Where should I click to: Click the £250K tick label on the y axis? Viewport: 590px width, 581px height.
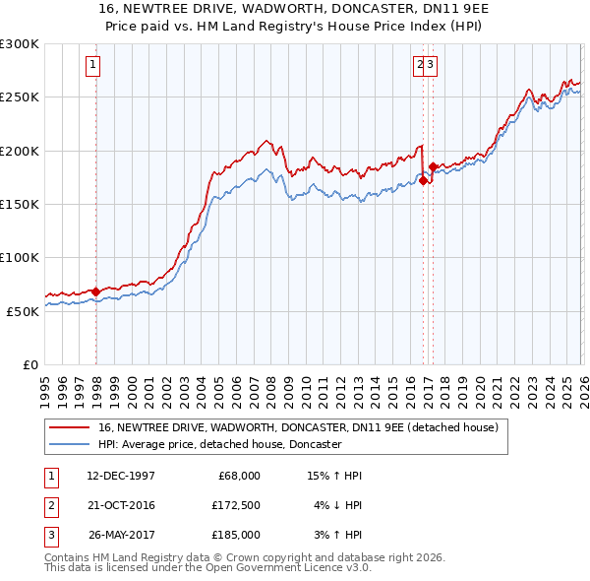[20, 97]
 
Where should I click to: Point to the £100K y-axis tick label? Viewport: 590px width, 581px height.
[20, 257]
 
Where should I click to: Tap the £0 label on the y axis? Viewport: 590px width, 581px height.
[29, 364]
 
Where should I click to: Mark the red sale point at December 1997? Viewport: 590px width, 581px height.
[95, 291]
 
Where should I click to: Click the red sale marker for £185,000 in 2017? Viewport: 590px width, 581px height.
[433, 167]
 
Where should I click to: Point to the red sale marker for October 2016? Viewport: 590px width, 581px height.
[423, 180]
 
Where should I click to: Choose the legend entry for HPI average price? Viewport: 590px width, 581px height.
[219, 445]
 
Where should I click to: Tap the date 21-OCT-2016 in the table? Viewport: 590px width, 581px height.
[121, 505]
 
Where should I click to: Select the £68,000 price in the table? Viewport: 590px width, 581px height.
[236, 476]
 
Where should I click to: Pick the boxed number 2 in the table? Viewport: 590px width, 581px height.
[50, 505]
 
